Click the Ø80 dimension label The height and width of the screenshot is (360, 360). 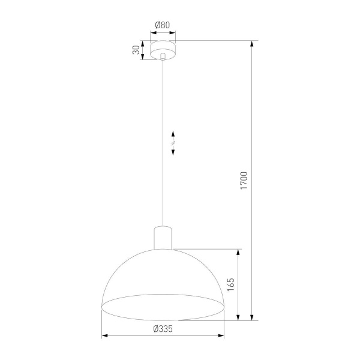(x=163, y=25)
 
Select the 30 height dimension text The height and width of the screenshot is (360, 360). (x=136, y=50)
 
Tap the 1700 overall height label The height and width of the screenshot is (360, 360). (x=244, y=181)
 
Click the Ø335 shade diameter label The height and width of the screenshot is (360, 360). (x=163, y=328)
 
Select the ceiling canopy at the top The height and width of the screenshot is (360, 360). (x=163, y=47)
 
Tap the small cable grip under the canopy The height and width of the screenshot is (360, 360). (x=163, y=57)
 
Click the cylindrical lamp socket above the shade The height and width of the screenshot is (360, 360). (x=163, y=237)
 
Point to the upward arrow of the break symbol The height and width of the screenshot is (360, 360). (x=173, y=134)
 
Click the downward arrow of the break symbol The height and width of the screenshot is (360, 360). (x=173, y=152)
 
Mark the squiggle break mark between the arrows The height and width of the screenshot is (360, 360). (x=173, y=143)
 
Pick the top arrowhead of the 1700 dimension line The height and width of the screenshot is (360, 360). (x=251, y=44)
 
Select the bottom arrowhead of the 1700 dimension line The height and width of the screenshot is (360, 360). (x=251, y=317)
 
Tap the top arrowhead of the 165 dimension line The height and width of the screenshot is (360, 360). (x=239, y=252)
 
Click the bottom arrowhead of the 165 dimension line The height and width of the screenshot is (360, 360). (x=239, y=317)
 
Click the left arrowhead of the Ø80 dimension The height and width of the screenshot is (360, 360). (x=152, y=32)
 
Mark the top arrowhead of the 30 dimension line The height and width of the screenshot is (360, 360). (x=143, y=43)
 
